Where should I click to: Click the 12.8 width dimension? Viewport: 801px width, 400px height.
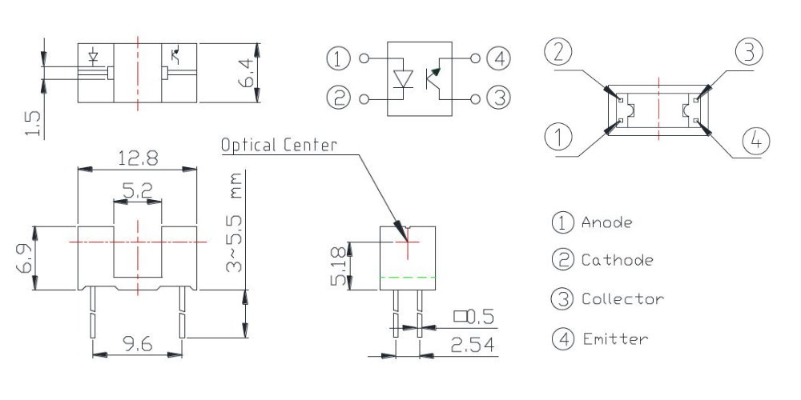click(137, 158)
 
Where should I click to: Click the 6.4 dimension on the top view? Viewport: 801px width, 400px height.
click(248, 73)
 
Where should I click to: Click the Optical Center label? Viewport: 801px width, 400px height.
click(279, 145)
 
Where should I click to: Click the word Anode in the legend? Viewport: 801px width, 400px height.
click(606, 222)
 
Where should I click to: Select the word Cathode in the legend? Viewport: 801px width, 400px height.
click(617, 260)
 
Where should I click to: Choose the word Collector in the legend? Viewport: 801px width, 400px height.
click(622, 299)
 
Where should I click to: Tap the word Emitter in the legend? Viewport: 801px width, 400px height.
click(614, 338)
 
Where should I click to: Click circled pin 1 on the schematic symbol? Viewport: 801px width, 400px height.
click(339, 58)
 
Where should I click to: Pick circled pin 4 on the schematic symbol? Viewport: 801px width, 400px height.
click(499, 58)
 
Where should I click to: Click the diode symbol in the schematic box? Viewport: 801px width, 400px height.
click(404, 78)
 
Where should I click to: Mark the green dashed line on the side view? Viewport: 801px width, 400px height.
click(408, 277)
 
